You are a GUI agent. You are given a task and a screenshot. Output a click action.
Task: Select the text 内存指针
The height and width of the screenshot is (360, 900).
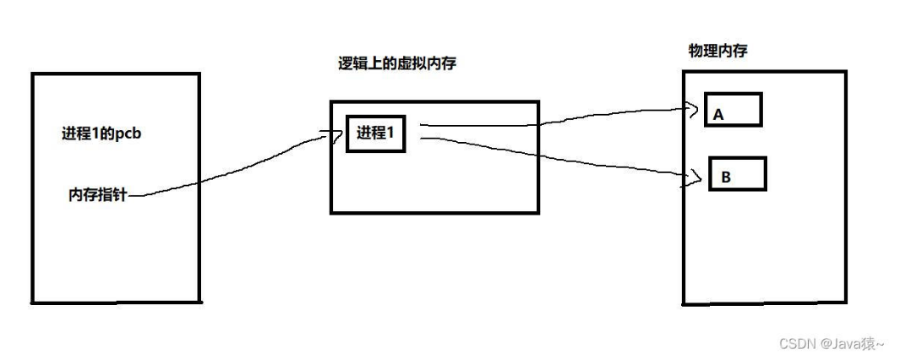(x=99, y=195)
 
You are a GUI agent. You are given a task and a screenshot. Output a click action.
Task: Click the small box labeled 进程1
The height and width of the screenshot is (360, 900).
(x=376, y=134)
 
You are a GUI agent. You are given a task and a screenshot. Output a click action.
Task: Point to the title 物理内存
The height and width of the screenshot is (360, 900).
(x=717, y=52)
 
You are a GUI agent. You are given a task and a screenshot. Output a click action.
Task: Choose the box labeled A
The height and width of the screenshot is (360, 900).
(x=734, y=110)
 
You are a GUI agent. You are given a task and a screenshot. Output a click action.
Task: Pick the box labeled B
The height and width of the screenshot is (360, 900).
(x=736, y=173)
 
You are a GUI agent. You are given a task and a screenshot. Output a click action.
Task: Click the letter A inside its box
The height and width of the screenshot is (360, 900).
(x=718, y=115)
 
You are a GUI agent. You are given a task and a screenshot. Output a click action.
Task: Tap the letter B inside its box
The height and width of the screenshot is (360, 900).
(x=725, y=178)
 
